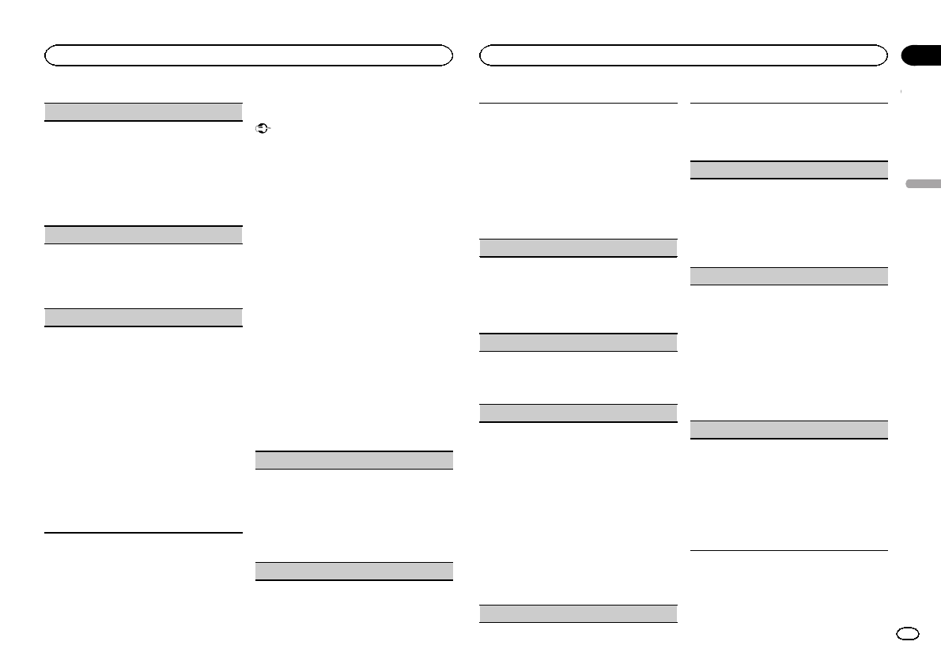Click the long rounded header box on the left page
[x=248, y=55]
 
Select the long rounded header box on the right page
[x=683, y=55]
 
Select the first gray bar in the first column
[x=143, y=111]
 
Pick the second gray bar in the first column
[x=143, y=235]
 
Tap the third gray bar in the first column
[x=143, y=318]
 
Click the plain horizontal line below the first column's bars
[x=143, y=533]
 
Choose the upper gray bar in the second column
[x=354, y=460]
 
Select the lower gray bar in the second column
[x=354, y=571]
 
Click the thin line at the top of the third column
[x=579, y=103]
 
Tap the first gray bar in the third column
[x=579, y=247]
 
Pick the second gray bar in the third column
[x=579, y=342]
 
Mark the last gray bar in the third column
[x=579, y=614]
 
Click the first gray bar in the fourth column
[x=788, y=170]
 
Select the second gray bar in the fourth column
[x=788, y=276]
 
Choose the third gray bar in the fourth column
[x=788, y=430]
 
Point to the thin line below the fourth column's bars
[x=788, y=550]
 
